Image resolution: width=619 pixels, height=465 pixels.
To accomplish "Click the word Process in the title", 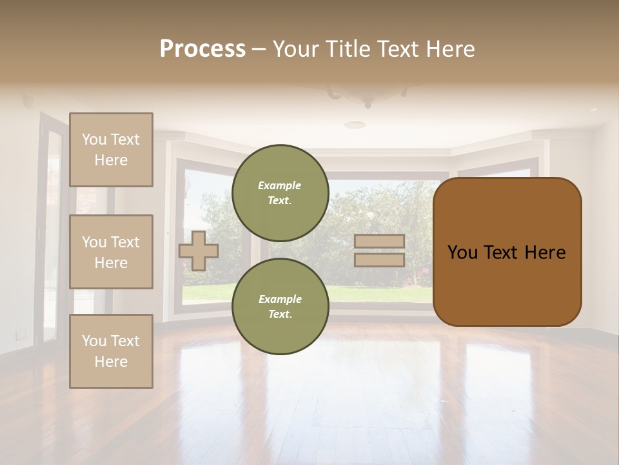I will coord(202,49).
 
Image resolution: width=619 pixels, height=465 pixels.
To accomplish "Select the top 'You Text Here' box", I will coord(111,150).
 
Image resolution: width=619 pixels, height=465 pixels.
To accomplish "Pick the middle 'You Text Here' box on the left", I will coord(111,252).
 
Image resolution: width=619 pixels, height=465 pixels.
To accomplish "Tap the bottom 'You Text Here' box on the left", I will coord(111,351).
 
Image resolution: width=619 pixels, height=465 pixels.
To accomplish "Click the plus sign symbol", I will coord(199,251).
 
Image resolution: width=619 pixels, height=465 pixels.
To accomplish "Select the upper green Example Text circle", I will coord(280,192).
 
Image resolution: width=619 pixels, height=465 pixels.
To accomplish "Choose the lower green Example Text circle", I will coord(280,306).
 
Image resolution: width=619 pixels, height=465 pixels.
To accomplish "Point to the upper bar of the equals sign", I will coord(380,241).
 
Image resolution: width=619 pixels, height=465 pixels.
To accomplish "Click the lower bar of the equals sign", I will coord(380,260).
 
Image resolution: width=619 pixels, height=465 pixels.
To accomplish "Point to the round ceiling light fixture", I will coord(355,125).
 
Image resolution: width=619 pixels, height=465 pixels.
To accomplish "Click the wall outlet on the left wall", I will coord(21,333).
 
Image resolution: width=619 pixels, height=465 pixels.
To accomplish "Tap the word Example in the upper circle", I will coord(280,185).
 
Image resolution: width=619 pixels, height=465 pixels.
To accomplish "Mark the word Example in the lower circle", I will coord(280,299).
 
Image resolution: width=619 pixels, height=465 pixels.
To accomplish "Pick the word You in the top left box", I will coord(94,139).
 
